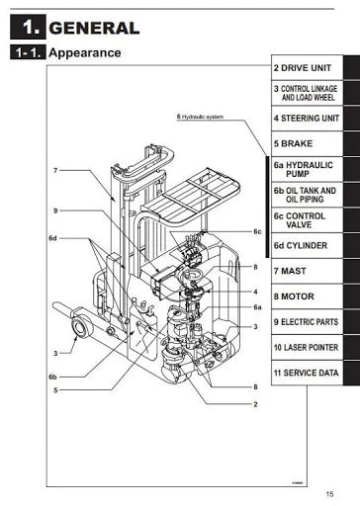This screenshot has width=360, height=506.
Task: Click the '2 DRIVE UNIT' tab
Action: point(309,68)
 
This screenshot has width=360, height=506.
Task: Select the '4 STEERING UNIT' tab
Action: point(309,120)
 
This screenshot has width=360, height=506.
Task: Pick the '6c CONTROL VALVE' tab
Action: point(309,220)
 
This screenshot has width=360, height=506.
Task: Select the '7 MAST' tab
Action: point(309,270)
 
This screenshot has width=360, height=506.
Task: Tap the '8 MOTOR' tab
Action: point(309,295)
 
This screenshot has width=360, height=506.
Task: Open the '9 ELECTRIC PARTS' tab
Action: point(309,321)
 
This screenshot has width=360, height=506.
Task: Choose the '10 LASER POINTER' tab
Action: point(309,347)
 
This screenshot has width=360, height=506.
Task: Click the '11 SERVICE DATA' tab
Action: point(309,373)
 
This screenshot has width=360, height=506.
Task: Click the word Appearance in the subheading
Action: point(84,52)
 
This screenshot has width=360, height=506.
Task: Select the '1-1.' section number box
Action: point(27,52)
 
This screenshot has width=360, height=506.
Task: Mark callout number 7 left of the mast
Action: point(56,171)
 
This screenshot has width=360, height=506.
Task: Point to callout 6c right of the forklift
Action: point(256,232)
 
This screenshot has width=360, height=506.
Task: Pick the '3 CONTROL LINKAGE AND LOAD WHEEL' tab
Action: point(309,94)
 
